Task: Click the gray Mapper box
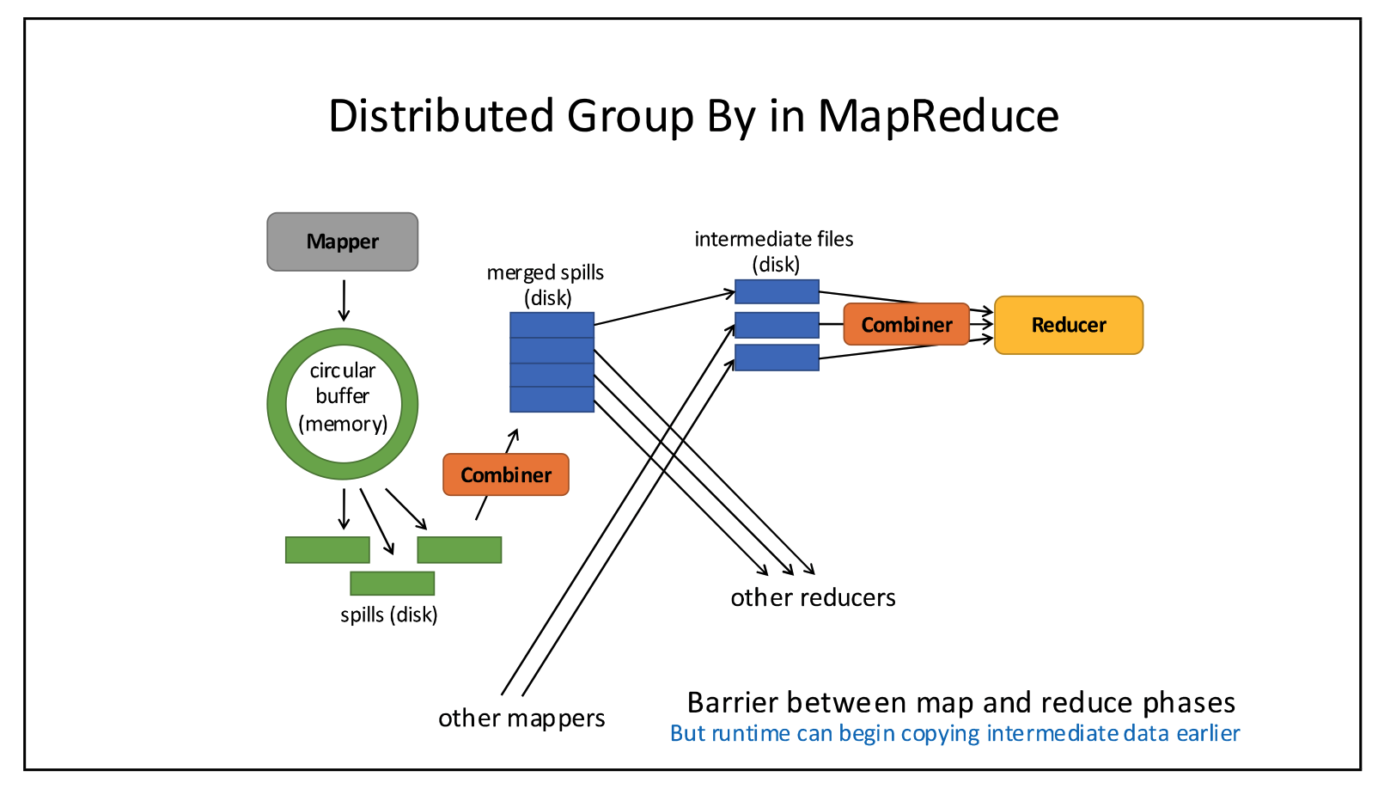(x=342, y=242)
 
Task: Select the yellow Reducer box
(x=1068, y=325)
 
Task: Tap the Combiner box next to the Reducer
(x=906, y=325)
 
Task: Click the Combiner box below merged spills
(x=505, y=474)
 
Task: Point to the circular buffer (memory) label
(x=343, y=396)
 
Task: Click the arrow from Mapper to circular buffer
(x=344, y=300)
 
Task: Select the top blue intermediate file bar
(x=777, y=291)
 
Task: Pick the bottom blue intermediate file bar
(x=777, y=358)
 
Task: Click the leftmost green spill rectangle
(x=327, y=550)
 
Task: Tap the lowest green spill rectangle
(x=392, y=584)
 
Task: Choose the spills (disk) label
(x=388, y=615)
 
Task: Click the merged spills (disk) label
(x=546, y=284)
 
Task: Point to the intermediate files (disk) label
(x=774, y=251)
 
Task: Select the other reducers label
(x=813, y=597)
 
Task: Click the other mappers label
(x=521, y=718)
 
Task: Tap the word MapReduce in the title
(x=938, y=116)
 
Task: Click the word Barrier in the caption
(x=732, y=702)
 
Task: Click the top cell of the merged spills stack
(x=552, y=325)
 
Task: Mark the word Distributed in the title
(x=441, y=116)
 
